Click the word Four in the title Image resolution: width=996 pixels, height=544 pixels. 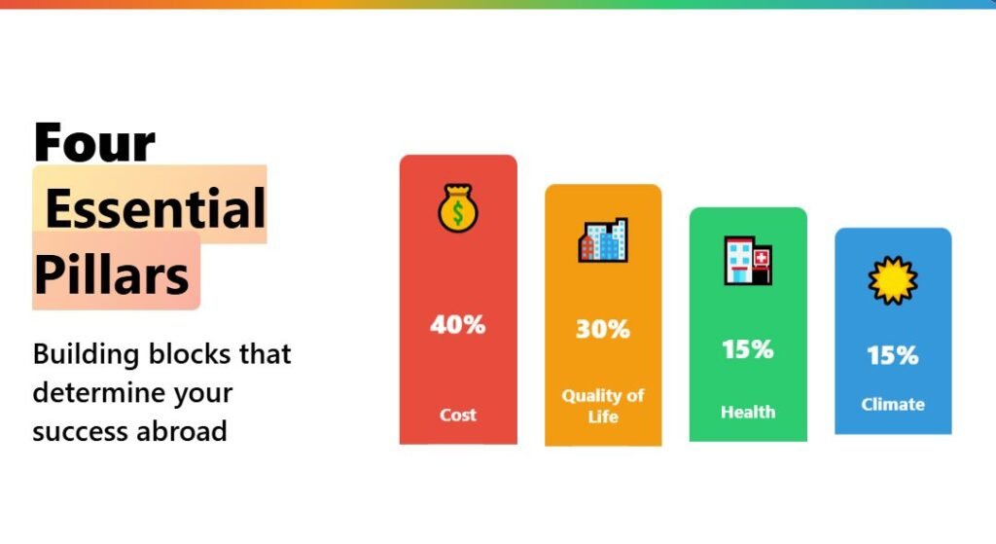pos(94,141)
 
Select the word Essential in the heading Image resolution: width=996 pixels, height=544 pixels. pos(156,208)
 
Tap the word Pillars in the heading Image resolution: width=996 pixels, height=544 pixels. pos(111,275)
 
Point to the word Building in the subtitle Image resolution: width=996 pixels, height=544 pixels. pos(86,354)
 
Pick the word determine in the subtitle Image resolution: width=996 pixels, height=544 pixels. pos(98,393)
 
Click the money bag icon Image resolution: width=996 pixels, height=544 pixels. pos(458,208)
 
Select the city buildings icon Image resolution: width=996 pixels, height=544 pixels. pos(603,240)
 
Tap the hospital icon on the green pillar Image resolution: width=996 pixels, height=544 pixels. pos(748,261)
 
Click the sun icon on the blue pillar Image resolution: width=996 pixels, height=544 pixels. pos(893,280)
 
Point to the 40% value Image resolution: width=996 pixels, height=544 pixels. pos(458,325)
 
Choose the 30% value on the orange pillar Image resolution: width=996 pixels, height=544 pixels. pos(603,329)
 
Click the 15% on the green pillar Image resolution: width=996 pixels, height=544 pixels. pos(748,349)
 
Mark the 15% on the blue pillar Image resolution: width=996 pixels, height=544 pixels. pos(893,355)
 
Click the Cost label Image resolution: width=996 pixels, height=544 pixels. pos(458,415)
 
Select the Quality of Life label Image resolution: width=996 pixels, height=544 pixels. pos(603,406)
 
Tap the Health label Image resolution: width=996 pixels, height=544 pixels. pos(748,413)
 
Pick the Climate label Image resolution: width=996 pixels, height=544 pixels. pos(893,404)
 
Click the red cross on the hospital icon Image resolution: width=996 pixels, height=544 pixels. pos(761,258)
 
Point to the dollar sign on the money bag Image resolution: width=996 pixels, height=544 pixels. pos(458,213)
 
